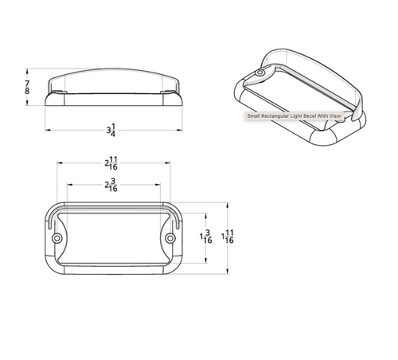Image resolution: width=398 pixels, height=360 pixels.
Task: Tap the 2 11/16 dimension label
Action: pyautogui.click(x=113, y=164)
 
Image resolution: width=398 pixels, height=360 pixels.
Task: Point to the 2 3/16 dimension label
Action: pyautogui.click(x=113, y=186)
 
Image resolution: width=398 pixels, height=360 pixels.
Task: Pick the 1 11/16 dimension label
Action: pyautogui.click(x=228, y=236)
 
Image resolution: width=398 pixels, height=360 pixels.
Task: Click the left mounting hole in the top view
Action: pyautogui.click(x=57, y=238)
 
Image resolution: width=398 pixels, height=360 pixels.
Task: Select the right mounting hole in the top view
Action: pyautogui.click(x=170, y=238)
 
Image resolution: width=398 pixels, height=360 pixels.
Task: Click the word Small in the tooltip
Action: pyautogui.click(x=254, y=115)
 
